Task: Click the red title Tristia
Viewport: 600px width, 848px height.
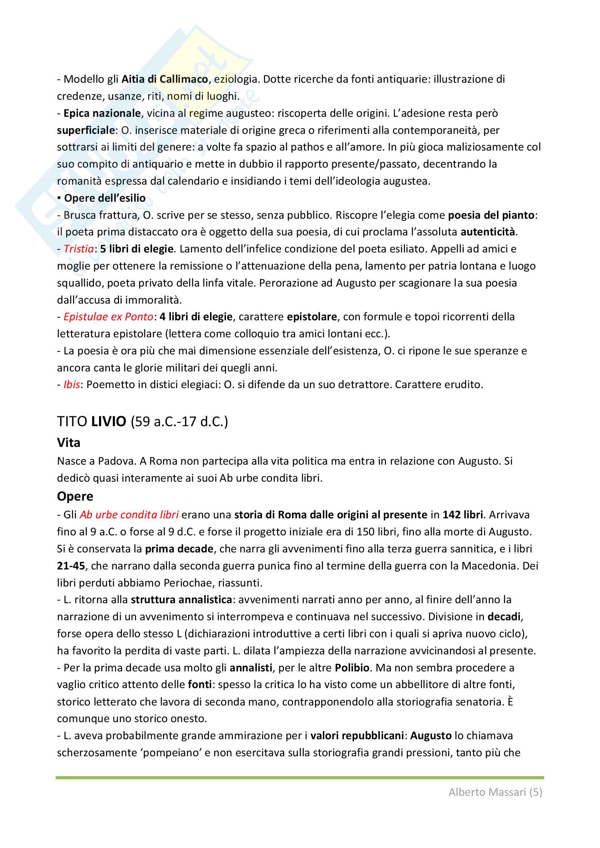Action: tap(79, 249)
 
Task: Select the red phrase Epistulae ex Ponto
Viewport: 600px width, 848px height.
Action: tap(108, 317)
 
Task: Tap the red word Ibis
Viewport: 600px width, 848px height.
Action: tap(72, 385)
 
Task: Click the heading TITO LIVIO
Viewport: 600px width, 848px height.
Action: tap(92, 421)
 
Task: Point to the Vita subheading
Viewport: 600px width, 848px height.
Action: tap(68, 442)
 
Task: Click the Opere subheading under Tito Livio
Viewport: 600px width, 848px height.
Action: tap(75, 497)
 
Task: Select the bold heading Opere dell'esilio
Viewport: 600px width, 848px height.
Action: tap(104, 198)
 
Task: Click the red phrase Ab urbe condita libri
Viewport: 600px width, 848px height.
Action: tap(129, 515)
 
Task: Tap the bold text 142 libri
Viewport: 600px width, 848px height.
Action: tap(463, 515)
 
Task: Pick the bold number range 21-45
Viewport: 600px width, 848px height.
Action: tap(71, 566)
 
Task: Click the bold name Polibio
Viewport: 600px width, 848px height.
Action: tap(352, 668)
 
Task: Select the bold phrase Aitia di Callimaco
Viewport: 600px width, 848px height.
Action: tap(165, 79)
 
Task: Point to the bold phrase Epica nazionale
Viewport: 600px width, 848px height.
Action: tap(102, 114)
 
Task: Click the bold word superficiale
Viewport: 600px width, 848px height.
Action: tap(86, 130)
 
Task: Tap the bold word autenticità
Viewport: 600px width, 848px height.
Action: tap(488, 232)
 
